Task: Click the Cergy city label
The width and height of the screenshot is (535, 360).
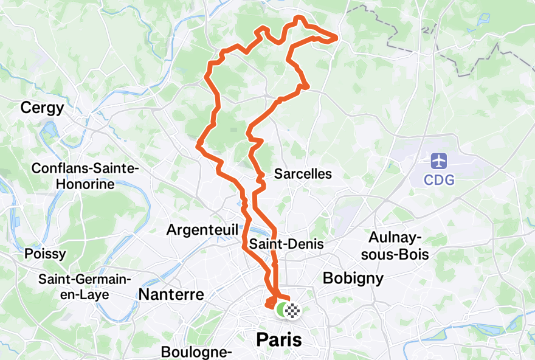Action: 42,108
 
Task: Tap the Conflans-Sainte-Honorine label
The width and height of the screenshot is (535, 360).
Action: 86,176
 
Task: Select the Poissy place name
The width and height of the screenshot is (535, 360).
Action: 45,254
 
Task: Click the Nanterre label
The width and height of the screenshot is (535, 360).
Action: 171,295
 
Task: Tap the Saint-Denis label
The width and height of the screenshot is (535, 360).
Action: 286,244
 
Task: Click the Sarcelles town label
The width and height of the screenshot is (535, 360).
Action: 303,174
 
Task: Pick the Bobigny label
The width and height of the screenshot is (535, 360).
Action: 353,279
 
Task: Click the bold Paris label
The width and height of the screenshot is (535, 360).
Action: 279,340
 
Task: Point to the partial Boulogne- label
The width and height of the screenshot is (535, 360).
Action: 196,352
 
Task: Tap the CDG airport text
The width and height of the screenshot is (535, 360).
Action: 439,180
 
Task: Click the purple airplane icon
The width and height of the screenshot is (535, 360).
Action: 439,162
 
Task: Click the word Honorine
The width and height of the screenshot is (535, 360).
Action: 86,184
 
